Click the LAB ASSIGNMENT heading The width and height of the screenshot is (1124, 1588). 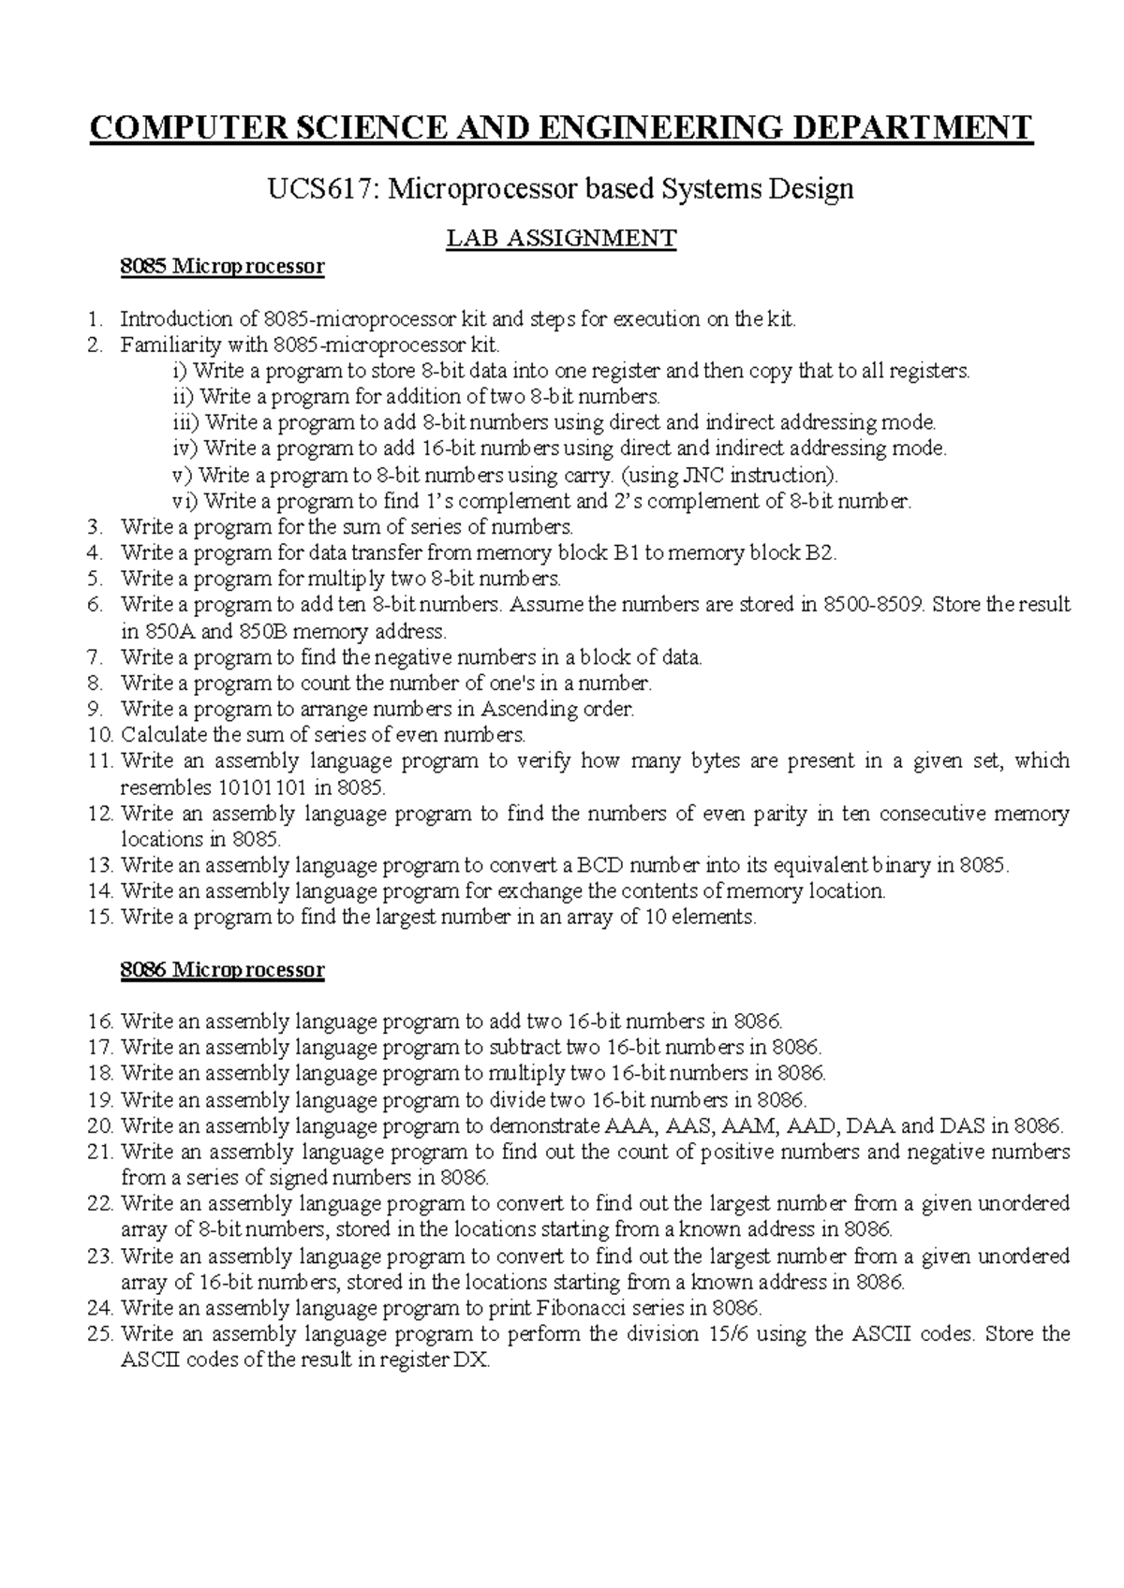(x=560, y=239)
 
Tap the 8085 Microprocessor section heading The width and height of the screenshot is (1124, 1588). (x=222, y=267)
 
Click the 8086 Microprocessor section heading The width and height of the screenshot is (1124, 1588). (x=222, y=969)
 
